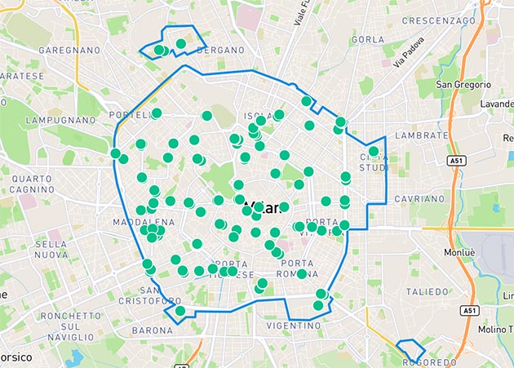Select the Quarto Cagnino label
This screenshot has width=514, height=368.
33,184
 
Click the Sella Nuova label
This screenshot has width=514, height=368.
50,250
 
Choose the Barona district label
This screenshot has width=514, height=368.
152,330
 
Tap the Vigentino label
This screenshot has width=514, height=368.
293,325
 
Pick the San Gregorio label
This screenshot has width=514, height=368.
463,85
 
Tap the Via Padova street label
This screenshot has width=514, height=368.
408,53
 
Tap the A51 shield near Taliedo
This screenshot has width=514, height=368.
468,311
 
